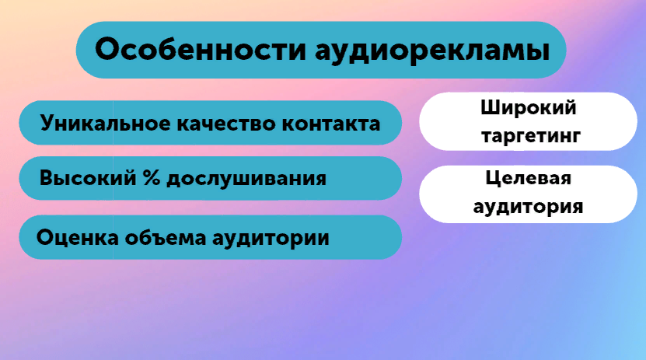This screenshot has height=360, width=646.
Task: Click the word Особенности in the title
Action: (201, 50)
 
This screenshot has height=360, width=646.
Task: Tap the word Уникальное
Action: (106, 124)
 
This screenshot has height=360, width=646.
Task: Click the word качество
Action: (226, 124)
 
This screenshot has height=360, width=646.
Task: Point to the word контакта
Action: (331, 124)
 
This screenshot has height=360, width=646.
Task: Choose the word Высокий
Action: (88, 178)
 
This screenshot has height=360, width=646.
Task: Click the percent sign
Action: (152, 178)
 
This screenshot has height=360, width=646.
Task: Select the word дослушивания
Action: (246, 180)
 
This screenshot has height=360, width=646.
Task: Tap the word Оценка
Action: (78, 238)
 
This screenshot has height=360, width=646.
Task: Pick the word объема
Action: (166, 238)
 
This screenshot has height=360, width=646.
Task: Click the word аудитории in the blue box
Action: (271, 239)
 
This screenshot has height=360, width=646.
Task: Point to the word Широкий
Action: (529, 108)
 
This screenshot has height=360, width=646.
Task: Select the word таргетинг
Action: (531, 136)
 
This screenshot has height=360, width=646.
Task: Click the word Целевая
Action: (528, 178)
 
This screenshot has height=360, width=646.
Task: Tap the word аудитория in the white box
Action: (528, 206)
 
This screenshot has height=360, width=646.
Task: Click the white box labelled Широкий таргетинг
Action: (528, 121)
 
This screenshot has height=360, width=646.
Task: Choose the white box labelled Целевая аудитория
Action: (528, 194)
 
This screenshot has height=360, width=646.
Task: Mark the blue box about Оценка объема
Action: (211, 237)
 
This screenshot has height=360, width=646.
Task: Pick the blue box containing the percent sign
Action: (211, 178)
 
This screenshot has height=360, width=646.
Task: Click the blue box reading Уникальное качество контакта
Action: (211, 123)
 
